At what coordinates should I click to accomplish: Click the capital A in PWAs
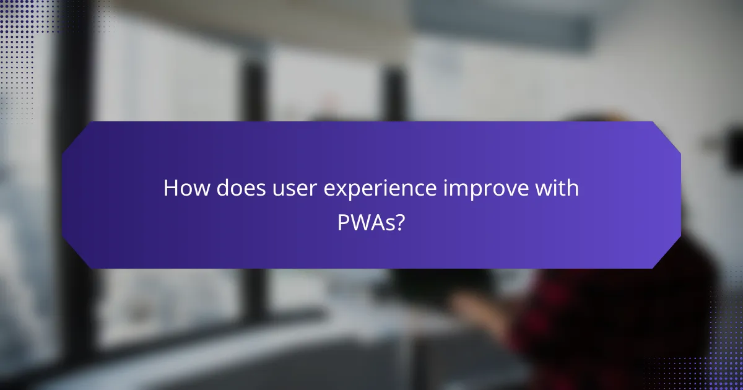[379, 222]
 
